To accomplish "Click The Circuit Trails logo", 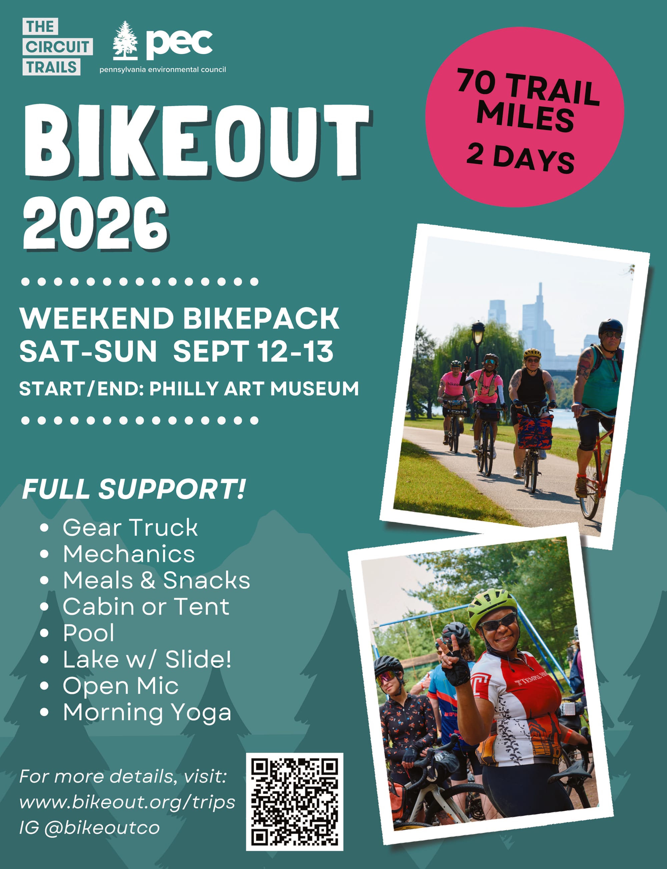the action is pyautogui.click(x=57, y=47).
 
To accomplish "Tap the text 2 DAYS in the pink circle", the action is pyautogui.click(x=521, y=158).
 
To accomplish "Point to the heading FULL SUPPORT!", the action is pyautogui.click(x=134, y=489).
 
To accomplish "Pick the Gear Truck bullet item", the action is pyautogui.click(x=130, y=527).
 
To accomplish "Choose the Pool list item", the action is pyautogui.click(x=88, y=633).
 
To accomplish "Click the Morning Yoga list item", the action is pyautogui.click(x=147, y=713).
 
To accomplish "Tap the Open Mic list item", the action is pyautogui.click(x=120, y=686).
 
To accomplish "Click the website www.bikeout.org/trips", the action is pyautogui.click(x=127, y=803).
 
